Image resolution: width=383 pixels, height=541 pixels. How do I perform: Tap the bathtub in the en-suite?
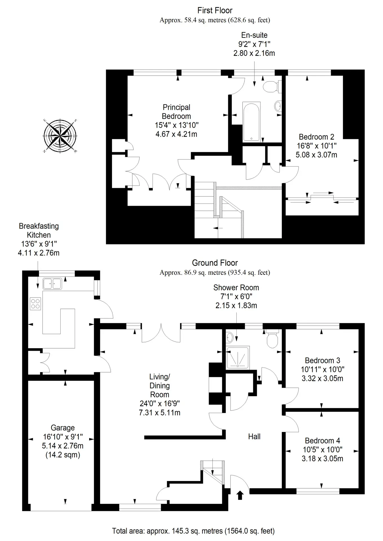[x=252, y=122]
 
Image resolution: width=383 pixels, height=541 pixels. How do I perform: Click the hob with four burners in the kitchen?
[x=35, y=303]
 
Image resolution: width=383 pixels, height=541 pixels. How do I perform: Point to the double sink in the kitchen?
[x=52, y=283]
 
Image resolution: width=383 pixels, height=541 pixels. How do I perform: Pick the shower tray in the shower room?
[x=238, y=358]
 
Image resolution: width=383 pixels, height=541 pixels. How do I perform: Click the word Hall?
[x=254, y=436]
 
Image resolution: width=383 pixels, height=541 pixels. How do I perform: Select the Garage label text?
[x=63, y=428]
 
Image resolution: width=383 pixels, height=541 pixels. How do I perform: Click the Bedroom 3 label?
[x=322, y=360]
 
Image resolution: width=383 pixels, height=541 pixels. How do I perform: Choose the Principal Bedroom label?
[x=177, y=112]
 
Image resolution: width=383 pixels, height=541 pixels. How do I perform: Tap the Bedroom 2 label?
[x=316, y=137]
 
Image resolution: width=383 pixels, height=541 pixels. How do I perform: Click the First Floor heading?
[x=215, y=10]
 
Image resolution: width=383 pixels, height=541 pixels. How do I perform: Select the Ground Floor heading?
[x=215, y=263]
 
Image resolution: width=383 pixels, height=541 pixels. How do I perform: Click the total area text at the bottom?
[x=193, y=531]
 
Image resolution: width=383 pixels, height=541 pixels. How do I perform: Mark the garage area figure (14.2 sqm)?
[x=63, y=455]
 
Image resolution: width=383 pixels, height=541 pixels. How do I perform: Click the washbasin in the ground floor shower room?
[x=229, y=337]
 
